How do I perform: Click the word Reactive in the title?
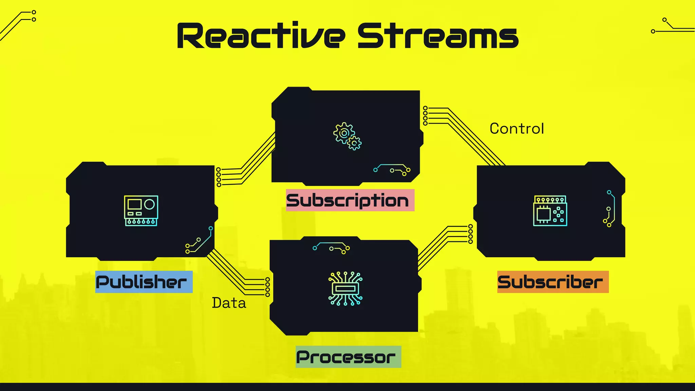261,36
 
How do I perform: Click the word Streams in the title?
438,36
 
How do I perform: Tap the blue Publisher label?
144,282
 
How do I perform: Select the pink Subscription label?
350,200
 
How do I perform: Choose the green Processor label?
348,357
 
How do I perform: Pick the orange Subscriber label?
553,282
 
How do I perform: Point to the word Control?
516,129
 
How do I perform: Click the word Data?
229,303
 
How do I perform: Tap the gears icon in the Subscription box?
347,136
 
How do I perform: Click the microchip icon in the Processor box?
345,289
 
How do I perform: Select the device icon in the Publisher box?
141,210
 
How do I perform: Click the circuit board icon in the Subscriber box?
550,210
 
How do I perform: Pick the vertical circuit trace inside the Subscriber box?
610,209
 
